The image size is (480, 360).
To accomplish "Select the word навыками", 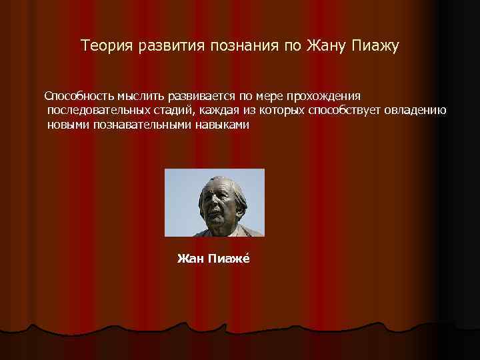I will pos(222,125).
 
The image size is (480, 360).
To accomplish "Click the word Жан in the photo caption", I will pos(187,259).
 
